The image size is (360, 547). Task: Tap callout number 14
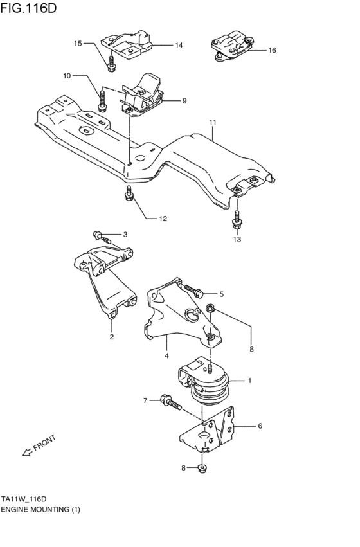[x=178, y=46]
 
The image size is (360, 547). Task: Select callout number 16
[x=272, y=50]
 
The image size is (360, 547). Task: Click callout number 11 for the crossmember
[x=213, y=121]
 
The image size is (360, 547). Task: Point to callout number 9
[x=184, y=101]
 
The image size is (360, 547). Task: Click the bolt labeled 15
[x=112, y=63]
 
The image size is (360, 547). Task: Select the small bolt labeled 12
[x=129, y=193]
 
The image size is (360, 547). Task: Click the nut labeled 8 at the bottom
[x=203, y=467]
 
